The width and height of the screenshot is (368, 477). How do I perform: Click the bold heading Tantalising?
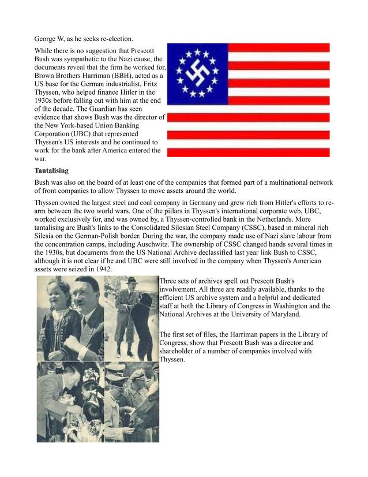pos(51,170)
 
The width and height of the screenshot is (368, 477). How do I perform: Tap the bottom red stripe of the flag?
pos(249,152)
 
